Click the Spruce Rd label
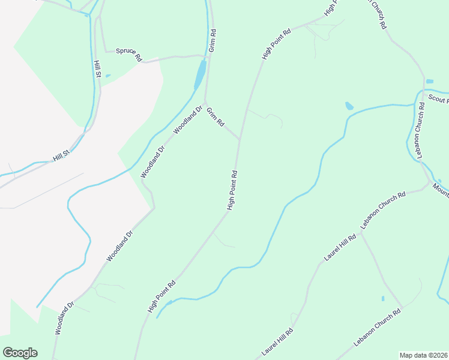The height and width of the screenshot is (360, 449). click(128, 54)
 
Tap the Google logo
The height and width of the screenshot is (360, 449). click(20, 353)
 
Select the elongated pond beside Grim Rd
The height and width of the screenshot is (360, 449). click(199, 74)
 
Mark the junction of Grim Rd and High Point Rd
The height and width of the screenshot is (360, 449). click(240, 139)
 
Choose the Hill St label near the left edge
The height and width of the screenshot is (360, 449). click(61, 157)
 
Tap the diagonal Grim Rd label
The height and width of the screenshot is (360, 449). click(215, 116)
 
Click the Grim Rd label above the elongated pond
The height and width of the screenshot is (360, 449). click(212, 39)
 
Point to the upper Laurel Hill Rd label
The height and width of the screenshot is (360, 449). click(340, 247)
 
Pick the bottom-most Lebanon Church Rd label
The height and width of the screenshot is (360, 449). click(377, 328)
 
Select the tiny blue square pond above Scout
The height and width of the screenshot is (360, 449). click(429, 81)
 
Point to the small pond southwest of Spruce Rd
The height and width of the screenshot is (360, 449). click(107, 76)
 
